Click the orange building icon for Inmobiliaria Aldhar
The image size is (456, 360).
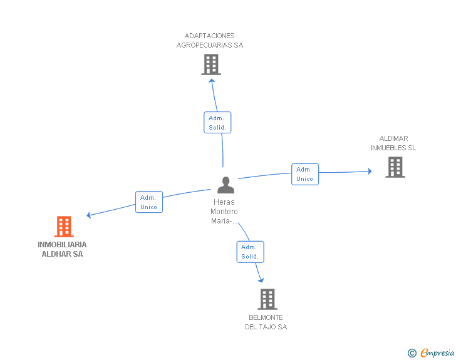(x=64, y=227)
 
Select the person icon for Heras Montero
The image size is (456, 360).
(x=225, y=185)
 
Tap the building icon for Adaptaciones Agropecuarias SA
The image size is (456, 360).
(x=211, y=64)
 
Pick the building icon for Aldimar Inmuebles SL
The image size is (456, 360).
(x=395, y=167)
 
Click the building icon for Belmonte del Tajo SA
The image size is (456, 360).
(x=267, y=299)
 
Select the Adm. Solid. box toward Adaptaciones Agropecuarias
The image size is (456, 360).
(x=217, y=123)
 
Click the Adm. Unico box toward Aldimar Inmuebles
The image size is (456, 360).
(x=305, y=174)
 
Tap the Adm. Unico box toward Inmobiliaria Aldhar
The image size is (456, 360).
(x=149, y=202)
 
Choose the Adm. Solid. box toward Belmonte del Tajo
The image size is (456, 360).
(x=251, y=252)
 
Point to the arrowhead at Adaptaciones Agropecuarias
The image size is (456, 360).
(x=212, y=81)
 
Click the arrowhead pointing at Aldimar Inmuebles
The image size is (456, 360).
(x=370, y=171)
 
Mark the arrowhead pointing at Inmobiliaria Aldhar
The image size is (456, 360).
(x=89, y=215)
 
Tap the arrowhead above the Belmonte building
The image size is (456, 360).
(x=261, y=280)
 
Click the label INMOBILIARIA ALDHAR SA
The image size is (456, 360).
(x=62, y=249)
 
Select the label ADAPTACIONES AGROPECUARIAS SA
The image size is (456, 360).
(x=210, y=41)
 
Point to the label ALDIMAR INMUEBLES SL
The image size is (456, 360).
(x=393, y=143)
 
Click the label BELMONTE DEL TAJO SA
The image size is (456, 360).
(x=266, y=322)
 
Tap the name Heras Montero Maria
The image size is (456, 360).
(x=224, y=212)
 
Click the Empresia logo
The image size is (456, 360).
(x=437, y=352)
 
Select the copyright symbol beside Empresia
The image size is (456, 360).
(x=412, y=353)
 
